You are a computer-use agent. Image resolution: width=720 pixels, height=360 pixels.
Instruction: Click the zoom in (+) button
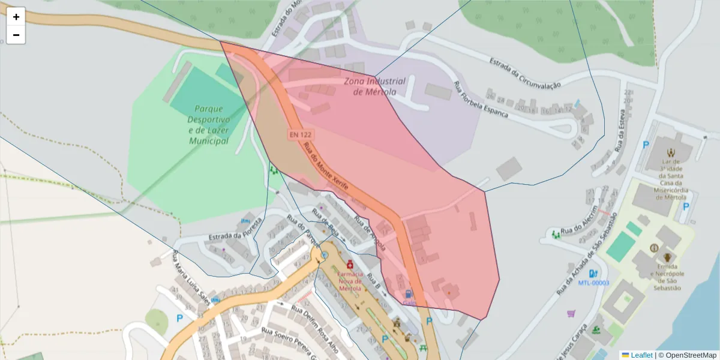point(16,17)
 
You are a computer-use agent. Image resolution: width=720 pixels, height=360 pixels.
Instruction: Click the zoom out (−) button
point(16,35)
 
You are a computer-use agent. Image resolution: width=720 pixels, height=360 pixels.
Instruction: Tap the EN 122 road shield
point(299,135)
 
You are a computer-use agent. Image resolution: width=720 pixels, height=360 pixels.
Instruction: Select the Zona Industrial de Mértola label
point(374,86)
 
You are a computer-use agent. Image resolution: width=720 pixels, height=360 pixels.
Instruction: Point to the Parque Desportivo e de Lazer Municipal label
point(208,125)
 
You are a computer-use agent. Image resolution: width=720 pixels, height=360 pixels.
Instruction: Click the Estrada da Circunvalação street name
point(524,73)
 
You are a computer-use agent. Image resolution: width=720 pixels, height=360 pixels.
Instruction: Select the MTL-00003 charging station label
point(593,283)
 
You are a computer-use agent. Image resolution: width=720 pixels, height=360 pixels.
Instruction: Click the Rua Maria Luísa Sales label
point(192,280)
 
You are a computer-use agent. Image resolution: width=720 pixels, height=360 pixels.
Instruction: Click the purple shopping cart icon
point(571,313)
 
